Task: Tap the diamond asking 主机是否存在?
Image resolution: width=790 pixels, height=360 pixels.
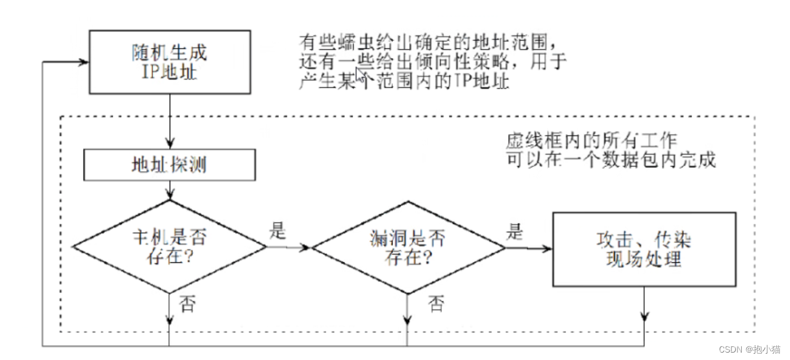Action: point(168,247)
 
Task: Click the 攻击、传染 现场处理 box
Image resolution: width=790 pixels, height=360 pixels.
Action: point(644,249)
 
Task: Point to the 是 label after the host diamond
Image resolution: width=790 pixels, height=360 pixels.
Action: point(279,232)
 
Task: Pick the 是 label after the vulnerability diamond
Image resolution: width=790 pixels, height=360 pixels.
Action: point(514,232)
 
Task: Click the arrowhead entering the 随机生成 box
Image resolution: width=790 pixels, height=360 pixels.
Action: point(84,62)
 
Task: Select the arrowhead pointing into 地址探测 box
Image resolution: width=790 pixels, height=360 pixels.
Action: point(168,144)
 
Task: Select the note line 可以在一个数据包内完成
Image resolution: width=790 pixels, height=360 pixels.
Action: point(610,159)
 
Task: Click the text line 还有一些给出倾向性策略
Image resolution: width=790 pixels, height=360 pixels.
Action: point(433,62)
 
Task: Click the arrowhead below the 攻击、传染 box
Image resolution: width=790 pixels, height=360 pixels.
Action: point(644,317)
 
